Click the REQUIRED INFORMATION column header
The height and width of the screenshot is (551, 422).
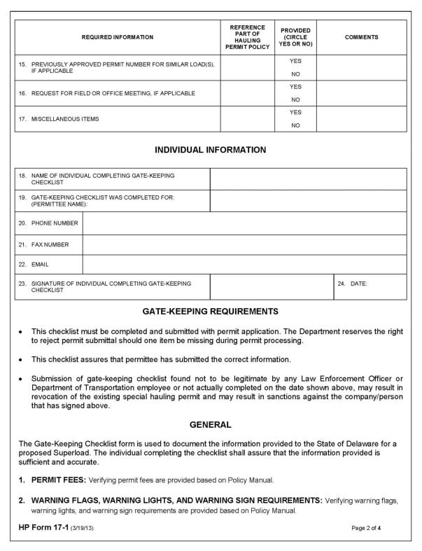(118, 37)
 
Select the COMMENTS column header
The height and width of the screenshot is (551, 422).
(361, 37)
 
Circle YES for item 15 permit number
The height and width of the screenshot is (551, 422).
(295, 61)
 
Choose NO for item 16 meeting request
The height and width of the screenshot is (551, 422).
(295, 99)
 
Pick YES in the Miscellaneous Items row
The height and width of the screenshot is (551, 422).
(295, 112)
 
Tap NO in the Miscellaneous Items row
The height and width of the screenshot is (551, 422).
(295, 125)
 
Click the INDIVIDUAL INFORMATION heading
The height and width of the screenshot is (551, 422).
(210, 150)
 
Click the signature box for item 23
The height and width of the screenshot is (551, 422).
(271, 287)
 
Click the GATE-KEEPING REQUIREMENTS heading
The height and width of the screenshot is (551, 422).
(210, 311)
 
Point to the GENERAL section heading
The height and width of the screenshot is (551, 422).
(210, 425)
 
